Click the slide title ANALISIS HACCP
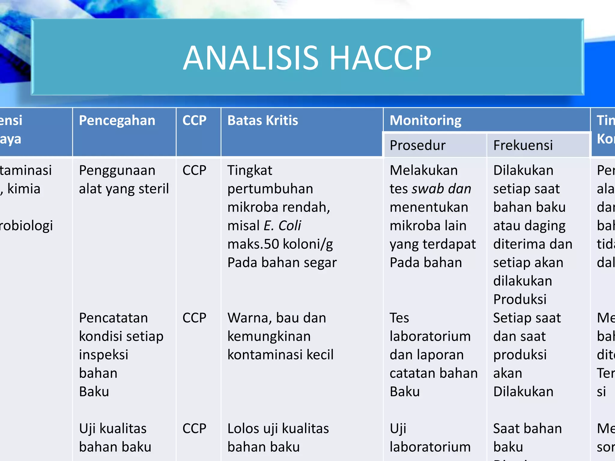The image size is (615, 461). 307,58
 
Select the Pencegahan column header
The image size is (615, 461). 117,121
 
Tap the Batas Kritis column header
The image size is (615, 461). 262,121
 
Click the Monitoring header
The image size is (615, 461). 425,121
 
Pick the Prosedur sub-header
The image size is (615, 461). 417,146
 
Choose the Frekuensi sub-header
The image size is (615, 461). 523,146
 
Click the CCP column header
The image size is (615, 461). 194,121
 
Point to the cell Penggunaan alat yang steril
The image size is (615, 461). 124,179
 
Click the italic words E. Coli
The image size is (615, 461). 282,226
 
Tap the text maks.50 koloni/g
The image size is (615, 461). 280,244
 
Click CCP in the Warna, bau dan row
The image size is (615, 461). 194,318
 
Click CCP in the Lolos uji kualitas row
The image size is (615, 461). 194,429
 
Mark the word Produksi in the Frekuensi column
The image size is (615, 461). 520,300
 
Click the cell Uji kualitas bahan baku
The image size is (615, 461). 115,438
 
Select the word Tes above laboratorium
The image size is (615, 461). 399,318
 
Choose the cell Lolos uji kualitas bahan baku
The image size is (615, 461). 278,438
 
